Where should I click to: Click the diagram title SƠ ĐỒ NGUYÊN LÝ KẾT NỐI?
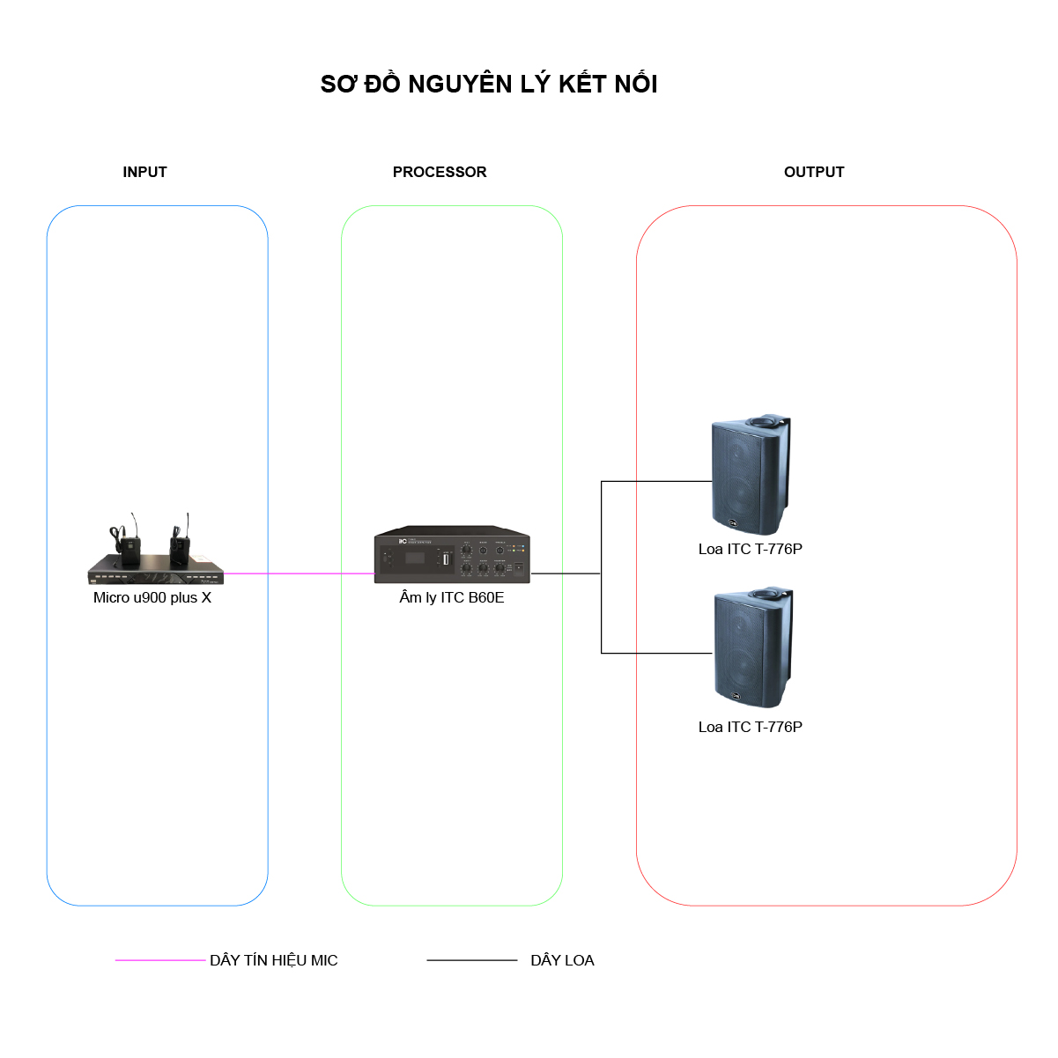click(x=488, y=84)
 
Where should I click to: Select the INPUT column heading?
click(x=144, y=172)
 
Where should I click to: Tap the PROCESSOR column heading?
click(x=440, y=172)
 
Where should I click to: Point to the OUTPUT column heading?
click(x=814, y=172)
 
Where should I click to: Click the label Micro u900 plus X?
click(x=152, y=597)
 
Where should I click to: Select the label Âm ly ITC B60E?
click(x=451, y=597)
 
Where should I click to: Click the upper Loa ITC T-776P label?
click(x=750, y=549)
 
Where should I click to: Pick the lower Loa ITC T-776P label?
click(x=750, y=727)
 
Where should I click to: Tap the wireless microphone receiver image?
click(x=156, y=550)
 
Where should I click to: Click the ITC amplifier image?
click(x=452, y=554)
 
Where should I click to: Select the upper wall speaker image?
click(x=751, y=475)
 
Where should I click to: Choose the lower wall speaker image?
click(x=753, y=647)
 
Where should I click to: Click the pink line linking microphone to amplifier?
click(x=300, y=573)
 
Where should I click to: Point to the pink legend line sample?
click(x=159, y=960)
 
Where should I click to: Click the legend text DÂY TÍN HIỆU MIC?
click(x=273, y=959)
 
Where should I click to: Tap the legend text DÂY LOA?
click(x=562, y=960)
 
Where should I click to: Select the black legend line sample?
click(x=472, y=960)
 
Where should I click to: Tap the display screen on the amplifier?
click(x=415, y=559)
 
